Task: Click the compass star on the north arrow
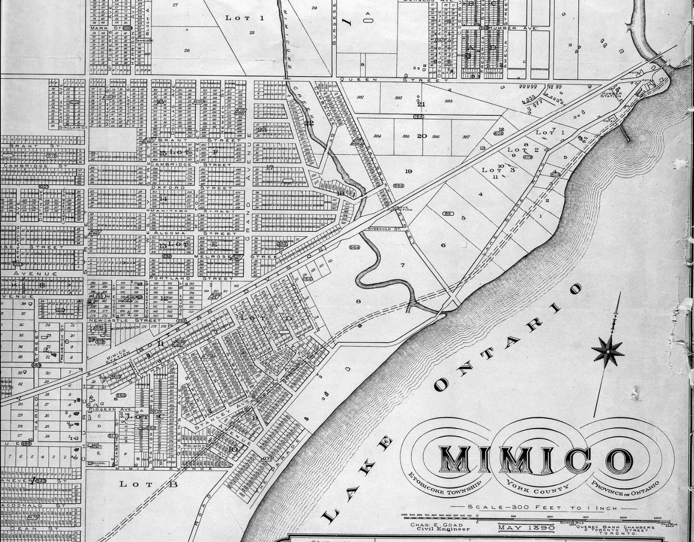[x=608, y=351]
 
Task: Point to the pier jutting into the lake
[x=624, y=134]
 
